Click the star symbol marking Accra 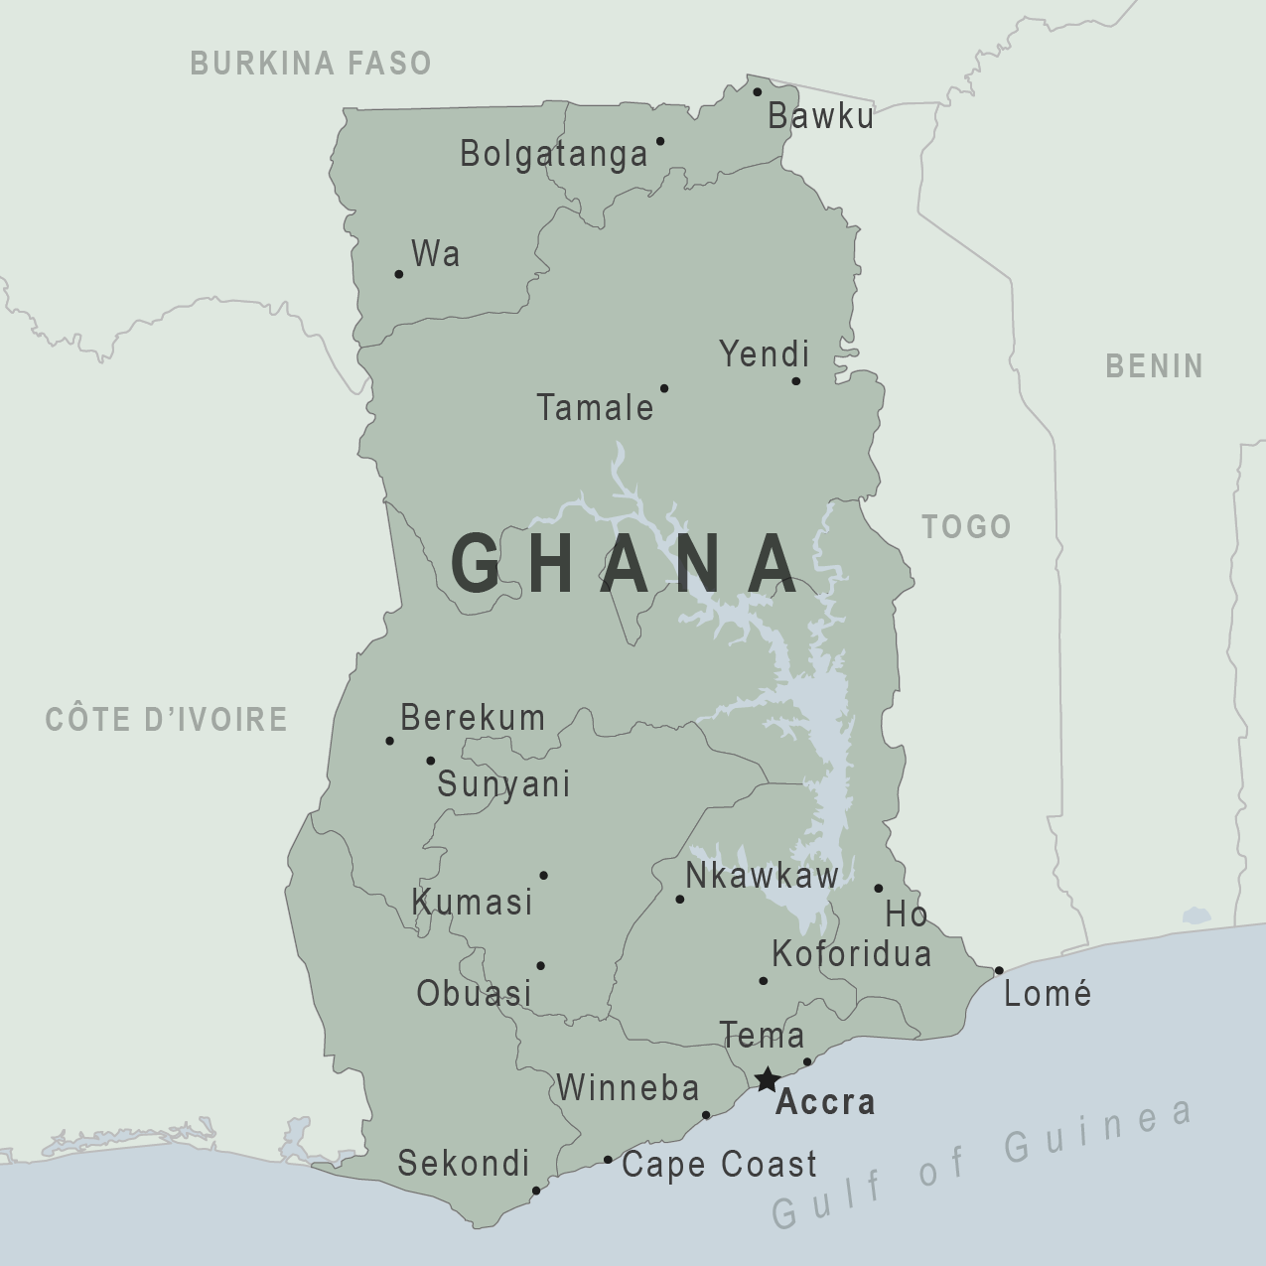coord(767,1079)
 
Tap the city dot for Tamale coord(664,388)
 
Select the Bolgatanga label coord(553,154)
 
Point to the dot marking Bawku coord(757,92)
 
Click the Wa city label coord(435,254)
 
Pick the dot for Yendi coord(795,381)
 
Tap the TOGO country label coord(966,526)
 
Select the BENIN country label coord(1154,365)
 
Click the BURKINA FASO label coord(311,64)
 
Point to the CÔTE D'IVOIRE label coord(167,719)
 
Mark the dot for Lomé coord(999,970)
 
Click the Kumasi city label coord(473,903)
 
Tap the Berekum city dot coord(389,741)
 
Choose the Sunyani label coord(503,784)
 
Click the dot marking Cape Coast coord(609,1160)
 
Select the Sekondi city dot coord(536,1191)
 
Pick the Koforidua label coord(851,954)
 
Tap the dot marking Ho coord(879,889)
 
